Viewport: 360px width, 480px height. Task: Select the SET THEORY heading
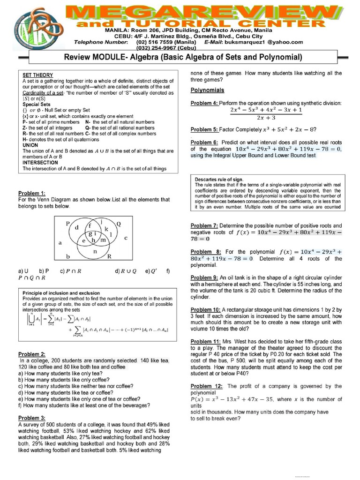[x=38, y=75]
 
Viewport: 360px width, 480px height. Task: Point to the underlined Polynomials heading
[x=208, y=90]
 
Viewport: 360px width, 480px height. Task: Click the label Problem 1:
[x=32, y=193]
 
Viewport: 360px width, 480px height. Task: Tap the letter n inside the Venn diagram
[x=96, y=252]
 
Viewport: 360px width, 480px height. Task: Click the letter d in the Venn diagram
[x=77, y=227]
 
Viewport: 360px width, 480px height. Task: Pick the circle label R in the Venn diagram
[x=109, y=257]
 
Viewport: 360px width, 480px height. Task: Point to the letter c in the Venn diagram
[x=126, y=238]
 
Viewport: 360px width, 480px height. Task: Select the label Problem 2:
[x=32, y=354]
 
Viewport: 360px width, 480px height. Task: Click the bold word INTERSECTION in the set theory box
[x=40, y=163]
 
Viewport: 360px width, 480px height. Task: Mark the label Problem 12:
[x=207, y=386]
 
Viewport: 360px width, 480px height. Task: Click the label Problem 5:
[x=204, y=129]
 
